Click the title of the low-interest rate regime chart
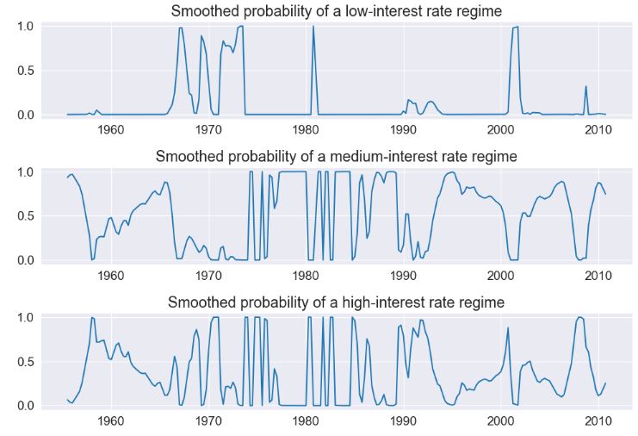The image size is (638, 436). tap(336, 11)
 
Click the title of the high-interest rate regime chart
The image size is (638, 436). tap(336, 302)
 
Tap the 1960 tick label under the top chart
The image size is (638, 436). tap(111, 130)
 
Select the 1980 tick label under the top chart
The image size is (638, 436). tap(306, 130)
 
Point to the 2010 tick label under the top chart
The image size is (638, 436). tap(598, 130)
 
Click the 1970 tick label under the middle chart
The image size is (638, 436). tap(208, 276)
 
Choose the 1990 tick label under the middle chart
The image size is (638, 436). tap(403, 276)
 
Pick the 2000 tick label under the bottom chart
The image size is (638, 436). tap(500, 421)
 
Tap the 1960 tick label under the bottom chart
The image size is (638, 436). tap(111, 421)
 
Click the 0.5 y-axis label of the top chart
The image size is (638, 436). tap(25, 71)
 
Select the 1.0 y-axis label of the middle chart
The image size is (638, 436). tap(25, 172)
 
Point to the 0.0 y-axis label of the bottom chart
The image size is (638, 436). tap(25, 406)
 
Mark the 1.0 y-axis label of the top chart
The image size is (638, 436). tap(25, 27)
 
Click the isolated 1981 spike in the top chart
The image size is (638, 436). tap(313, 28)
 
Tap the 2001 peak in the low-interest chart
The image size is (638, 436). tap(515, 28)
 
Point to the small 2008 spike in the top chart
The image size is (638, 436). tap(585, 87)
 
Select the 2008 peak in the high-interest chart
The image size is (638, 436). tap(580, 317)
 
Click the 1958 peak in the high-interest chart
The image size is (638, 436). tap(91, 318)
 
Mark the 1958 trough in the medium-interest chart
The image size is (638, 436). tap(91, 258)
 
